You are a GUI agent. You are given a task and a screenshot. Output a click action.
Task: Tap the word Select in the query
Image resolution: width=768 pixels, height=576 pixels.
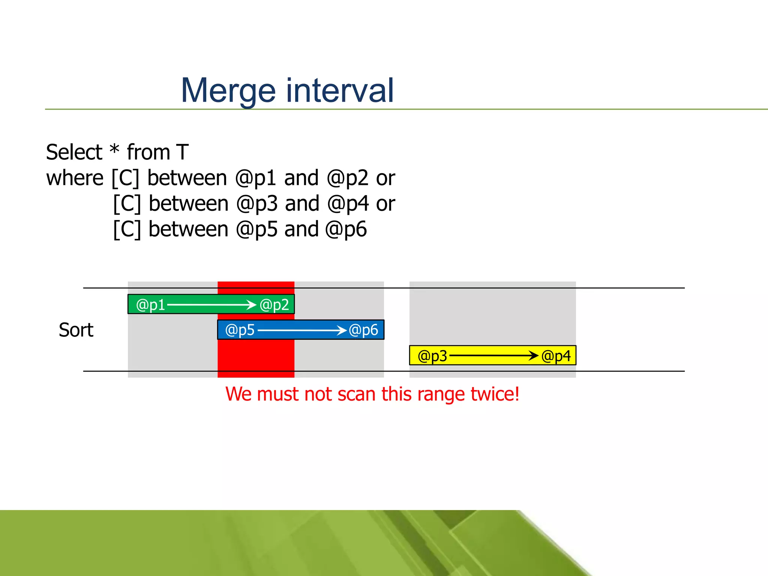[x=74, y=152]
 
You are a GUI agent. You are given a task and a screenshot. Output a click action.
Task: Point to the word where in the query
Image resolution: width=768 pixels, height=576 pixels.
[x=75, y=178]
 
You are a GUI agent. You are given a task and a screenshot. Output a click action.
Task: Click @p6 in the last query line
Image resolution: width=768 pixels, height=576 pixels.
[x=346, y=230]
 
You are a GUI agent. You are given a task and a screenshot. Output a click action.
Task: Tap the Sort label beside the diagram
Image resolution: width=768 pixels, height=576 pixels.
[x=76, y=330]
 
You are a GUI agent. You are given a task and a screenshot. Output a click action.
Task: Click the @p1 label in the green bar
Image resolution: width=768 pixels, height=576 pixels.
[x=150, y=305]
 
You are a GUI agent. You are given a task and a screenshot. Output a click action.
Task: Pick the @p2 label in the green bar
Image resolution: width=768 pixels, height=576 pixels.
[x=274, y=305]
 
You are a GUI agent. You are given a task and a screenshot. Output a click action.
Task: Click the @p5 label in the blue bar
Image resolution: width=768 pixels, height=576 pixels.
[x=240, y=330]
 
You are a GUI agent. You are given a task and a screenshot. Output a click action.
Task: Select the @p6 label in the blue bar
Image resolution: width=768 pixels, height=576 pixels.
[x=363, y=330]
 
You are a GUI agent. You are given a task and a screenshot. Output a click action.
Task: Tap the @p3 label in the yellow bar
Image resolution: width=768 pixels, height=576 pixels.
[x=432, y=356]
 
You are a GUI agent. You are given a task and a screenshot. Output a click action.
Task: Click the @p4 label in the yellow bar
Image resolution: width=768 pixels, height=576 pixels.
[x=556, y=356]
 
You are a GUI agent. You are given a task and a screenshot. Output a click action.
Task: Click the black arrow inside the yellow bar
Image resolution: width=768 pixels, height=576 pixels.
[x=493, y=355]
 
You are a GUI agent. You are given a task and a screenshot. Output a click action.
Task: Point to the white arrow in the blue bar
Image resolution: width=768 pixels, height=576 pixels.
[x=301, y=330]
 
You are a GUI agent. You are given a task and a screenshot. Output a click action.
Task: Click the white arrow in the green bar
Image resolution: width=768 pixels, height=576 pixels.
[x=211, y=305]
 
